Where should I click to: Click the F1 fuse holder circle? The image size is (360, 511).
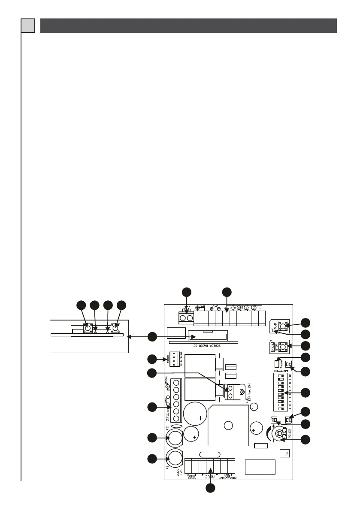click(175, 459)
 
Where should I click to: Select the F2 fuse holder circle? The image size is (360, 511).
click(175, 437)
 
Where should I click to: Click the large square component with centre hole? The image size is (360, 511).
click(228, 426)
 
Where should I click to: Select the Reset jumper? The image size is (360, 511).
click(278, 359)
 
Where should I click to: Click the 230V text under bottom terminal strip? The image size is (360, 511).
click(209, 477)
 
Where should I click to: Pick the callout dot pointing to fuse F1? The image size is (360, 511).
click(152, 459)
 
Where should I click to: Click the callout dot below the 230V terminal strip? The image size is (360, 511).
click(210, 489)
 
